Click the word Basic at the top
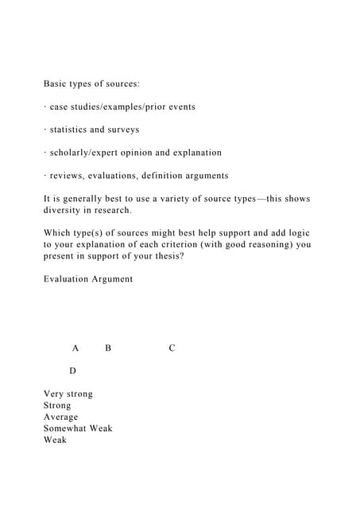click(57, 83)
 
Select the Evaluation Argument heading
click(88, 279)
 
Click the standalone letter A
click(75, 348)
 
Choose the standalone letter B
click(108, 348)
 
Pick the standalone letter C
click(172, 348)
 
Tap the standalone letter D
click(72, 371)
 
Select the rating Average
click(61, 417)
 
